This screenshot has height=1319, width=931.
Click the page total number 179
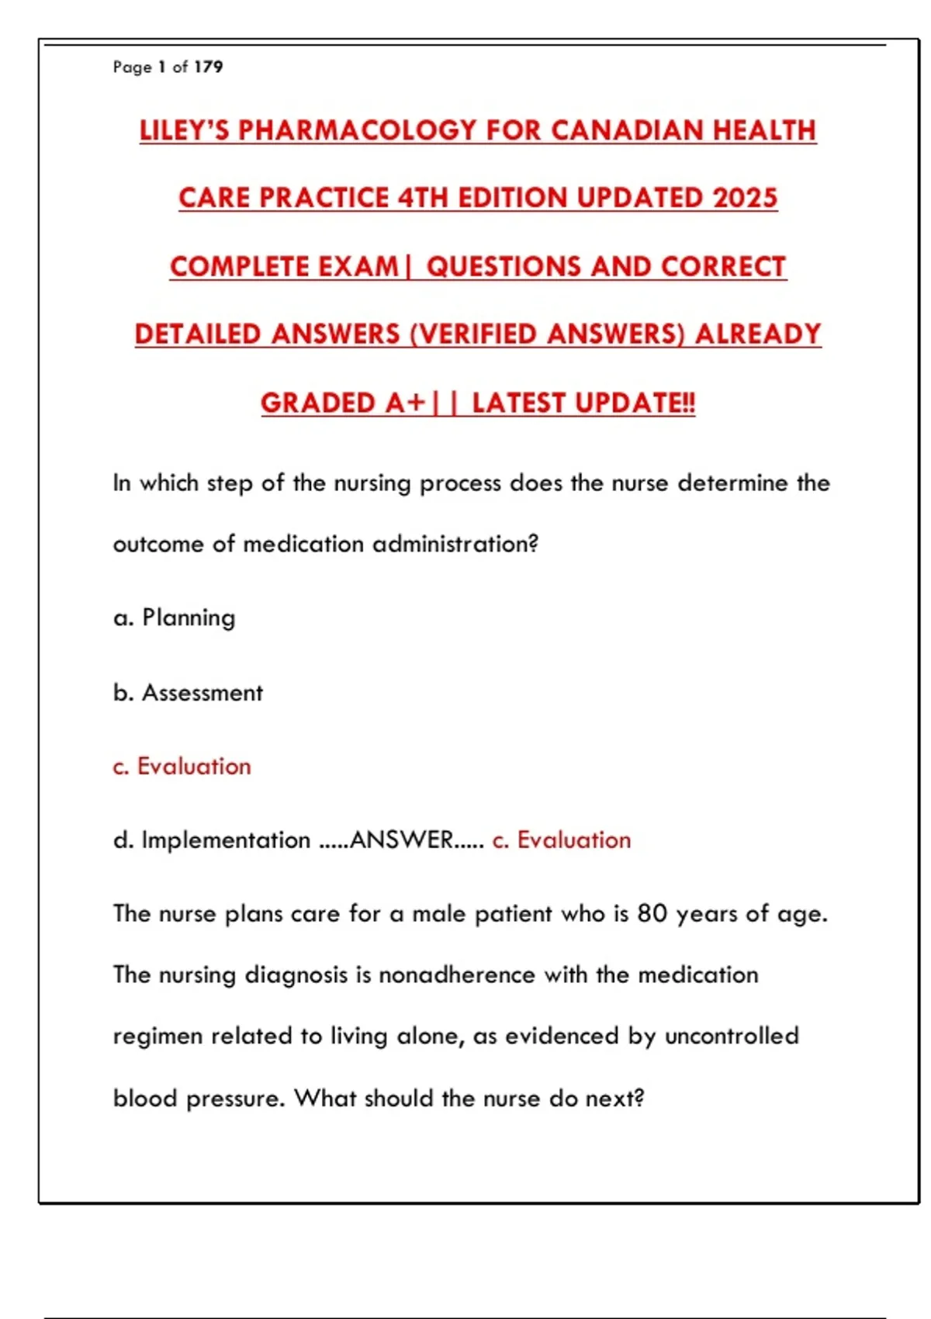208,67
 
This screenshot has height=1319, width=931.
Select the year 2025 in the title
745,198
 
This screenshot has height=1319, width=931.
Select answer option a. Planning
175,618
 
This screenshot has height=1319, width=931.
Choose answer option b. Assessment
188,692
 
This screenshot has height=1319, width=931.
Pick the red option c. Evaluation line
182,767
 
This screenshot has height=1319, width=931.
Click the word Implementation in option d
226,840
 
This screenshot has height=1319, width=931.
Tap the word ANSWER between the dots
401,840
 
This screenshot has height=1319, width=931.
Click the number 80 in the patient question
652,913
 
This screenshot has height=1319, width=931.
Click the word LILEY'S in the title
185,130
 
